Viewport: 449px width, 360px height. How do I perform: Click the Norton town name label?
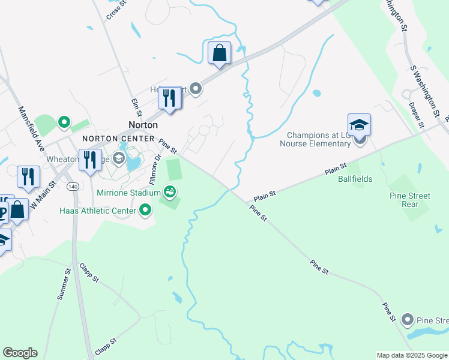(143, 125)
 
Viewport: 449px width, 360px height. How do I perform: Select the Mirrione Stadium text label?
(128, 193)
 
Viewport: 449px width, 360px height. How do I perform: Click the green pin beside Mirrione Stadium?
(170, 192)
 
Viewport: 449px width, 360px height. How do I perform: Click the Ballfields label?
(355, 179)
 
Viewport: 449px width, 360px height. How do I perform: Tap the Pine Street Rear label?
(411, 200)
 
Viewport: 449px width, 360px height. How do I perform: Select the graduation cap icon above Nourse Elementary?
(359, 125)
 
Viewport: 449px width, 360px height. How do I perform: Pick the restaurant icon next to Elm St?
(170, 97)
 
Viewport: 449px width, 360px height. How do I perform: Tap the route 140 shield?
(73, 187)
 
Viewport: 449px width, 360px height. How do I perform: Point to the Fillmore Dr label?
(156, 166)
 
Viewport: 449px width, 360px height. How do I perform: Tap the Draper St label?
(416, 115)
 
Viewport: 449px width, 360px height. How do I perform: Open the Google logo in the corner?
(20, 353)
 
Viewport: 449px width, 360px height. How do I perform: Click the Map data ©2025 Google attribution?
(412, 355)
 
